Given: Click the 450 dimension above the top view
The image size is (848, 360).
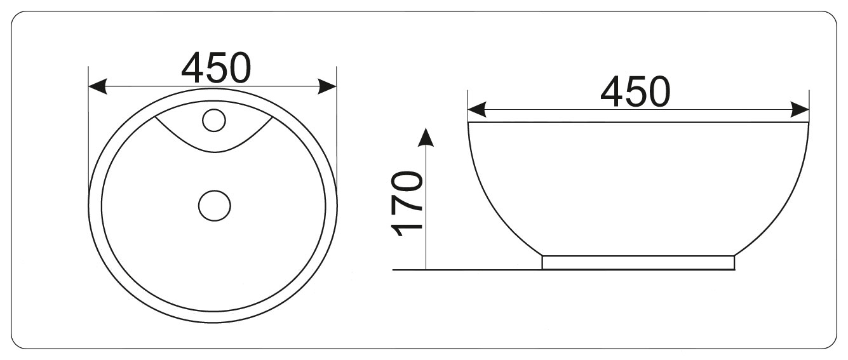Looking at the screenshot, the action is pos(216,68).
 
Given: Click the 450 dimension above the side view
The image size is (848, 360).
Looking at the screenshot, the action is pos(635,91).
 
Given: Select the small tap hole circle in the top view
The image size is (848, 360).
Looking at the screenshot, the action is pos(214,121).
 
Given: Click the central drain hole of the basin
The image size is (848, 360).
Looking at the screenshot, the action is pos(214,206).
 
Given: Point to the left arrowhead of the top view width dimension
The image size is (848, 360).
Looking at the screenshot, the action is pos(97,86).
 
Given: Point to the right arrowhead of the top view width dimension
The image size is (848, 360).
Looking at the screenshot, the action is pos(327,86).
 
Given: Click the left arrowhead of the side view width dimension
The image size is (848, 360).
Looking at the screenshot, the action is pos(477,110).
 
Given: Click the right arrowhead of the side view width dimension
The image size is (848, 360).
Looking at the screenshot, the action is pos(800,110).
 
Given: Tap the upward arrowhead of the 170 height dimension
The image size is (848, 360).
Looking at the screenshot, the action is pos(426,137).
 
